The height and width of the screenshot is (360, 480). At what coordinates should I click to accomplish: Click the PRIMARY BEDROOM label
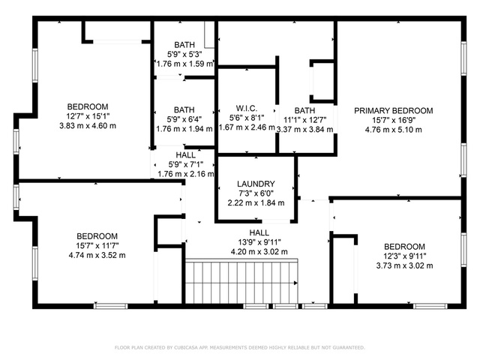(393, 110)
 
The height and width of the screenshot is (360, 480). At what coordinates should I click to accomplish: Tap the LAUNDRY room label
(256, 184)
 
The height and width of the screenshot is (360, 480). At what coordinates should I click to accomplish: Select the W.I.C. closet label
(247, 108)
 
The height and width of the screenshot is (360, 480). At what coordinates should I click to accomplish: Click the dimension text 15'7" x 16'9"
(393, 120)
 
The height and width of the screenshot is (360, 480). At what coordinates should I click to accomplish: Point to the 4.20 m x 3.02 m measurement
(259, 252)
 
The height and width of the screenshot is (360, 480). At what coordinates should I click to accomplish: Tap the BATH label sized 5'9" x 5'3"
(184, 45)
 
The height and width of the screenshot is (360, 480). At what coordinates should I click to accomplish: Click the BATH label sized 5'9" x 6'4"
(184, 109)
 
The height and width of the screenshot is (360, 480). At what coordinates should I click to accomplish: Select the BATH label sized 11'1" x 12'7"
(304, 110)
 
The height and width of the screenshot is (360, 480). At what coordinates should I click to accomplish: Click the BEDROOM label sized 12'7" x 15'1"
(88, 106)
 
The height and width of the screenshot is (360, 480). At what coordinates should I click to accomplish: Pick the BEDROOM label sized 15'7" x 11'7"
(97, 236)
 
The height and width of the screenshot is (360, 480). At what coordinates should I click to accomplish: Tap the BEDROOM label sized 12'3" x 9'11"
(404, 247)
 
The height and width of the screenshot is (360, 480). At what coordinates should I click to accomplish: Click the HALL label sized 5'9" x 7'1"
(185, 155)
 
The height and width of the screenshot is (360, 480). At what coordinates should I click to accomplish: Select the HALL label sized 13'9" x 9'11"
(259, 232)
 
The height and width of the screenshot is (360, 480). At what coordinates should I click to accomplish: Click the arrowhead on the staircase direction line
(295, 283)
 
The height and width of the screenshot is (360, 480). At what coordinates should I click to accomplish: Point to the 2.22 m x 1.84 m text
(256, 202)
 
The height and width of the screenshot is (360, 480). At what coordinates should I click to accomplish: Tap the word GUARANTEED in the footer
(348, 347)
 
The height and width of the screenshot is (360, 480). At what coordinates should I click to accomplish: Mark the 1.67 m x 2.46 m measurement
(247, 127)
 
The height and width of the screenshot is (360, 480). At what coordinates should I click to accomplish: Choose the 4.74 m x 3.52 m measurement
(97, 255)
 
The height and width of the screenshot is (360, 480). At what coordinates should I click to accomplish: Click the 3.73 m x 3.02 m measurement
(404, 265)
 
